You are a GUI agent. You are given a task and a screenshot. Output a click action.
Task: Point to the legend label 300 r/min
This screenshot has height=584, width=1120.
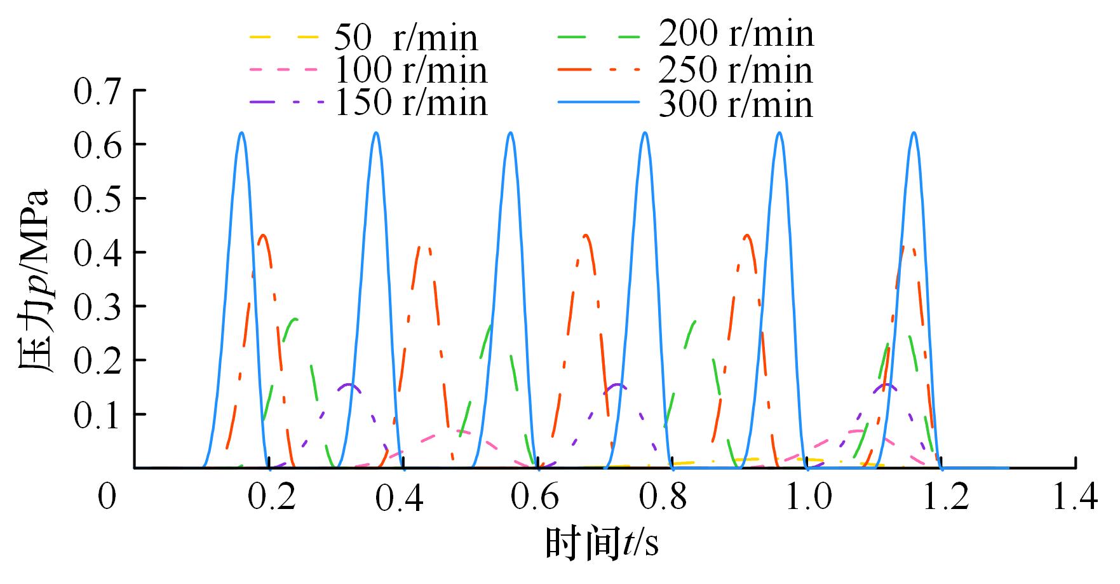coord(736,104)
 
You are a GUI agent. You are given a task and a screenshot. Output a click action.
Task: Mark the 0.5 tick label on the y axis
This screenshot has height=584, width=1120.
coord(97,198)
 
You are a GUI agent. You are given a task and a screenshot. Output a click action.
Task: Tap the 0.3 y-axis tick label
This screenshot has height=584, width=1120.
coord(97,306)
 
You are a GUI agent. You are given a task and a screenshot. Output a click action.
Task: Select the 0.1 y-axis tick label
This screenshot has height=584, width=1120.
coord(97,414)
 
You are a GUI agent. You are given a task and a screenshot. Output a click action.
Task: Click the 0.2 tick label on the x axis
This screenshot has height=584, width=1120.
coord(270,497)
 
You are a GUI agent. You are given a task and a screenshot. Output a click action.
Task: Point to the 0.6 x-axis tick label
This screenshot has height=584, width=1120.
coord(539,497)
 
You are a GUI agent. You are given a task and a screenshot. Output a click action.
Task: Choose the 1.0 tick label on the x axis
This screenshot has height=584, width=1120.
coord(807,497)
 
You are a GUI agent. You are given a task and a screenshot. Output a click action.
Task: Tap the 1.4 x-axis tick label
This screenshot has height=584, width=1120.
coord(1075,497)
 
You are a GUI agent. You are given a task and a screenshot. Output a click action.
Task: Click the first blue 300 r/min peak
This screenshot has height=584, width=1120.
coord(241,133)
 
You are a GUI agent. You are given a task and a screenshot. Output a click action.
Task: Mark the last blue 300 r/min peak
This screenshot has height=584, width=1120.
coord(914,133)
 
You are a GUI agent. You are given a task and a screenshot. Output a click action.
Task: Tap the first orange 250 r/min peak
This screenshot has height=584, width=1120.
coord(262,235)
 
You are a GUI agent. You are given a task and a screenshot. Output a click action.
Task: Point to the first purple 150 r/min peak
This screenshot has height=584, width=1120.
coord(348,384)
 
